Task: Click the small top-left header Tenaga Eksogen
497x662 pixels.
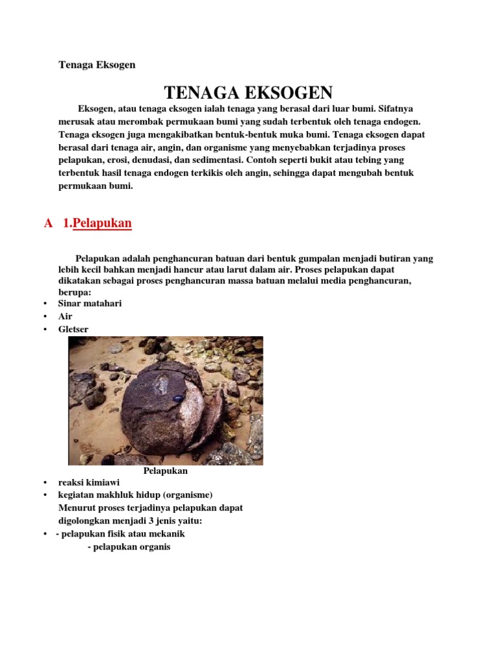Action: [x=96, y=65]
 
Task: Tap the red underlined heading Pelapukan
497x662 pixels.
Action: [x=102, y=224]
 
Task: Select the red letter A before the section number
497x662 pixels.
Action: [x=48, y=224]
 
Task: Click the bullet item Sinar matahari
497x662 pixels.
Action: [x=90, y=303]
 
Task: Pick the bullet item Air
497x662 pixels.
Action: [x=65, y=316]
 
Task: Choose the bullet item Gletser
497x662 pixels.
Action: [x=73, y=329]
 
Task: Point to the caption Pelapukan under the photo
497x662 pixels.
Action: [x=165, y=471]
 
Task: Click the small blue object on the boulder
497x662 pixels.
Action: [x=175, y=400]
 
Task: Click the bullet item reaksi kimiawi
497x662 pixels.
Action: [x=89, y=482]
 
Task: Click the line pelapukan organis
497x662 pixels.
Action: [x=129, y=547]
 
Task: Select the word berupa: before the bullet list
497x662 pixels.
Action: [x=74, y=292]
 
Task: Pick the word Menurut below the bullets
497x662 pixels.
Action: [x=77, y=508]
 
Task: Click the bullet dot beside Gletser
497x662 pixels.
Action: [x=45, y=330]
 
